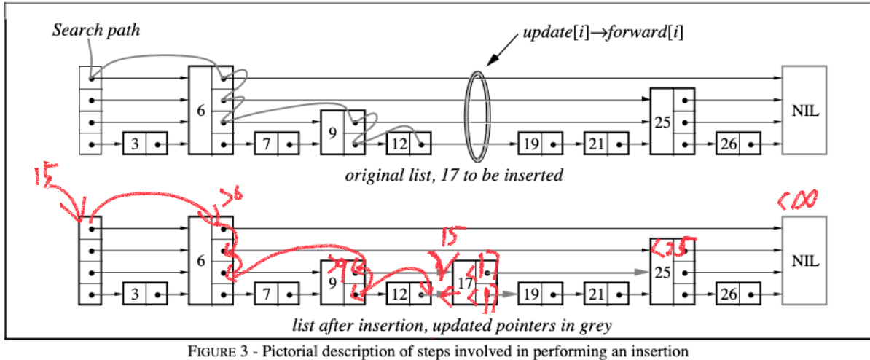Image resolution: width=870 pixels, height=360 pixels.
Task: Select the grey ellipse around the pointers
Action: (477, 114)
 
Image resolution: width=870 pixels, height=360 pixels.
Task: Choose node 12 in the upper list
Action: (399, 144)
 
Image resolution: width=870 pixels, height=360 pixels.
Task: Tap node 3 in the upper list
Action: (135, 144)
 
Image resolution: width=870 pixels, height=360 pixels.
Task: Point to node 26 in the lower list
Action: (728, 296)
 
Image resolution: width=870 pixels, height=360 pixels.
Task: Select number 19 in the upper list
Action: (530, 144)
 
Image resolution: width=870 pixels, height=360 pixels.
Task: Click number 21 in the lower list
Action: (596, 296)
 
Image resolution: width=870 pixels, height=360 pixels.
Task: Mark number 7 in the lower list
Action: (267, 296)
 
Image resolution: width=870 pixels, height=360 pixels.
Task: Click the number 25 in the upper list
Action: (661, 122)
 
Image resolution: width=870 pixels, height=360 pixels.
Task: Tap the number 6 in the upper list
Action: (200, 111)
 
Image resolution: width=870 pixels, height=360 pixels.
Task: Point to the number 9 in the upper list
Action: (332, 133)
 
